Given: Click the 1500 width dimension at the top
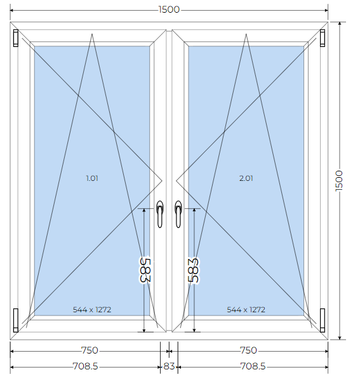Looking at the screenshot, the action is pyautogui.click(x=169, y=10).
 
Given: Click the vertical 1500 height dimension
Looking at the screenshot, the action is pyautogui.click(x=339, y=181).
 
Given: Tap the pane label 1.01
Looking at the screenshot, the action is pyautogui.click(x=92, y=178).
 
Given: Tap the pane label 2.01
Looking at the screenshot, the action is pyautogui.click(x=246, y=178).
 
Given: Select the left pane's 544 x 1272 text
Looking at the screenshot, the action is pyautogui.click(x=92, y=310).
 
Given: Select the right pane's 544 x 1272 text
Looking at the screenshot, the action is pyautogui.click(x=246, y=310).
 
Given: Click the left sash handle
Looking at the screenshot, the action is pyautogui.click(x=159, y=214).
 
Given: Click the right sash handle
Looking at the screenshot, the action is pyautogui.click(x=178, y=214).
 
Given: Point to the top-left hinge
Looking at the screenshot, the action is pyautogui.click(x=16, y=38).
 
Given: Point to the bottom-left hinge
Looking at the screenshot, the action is pyautogui.click(x=16, y=321).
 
